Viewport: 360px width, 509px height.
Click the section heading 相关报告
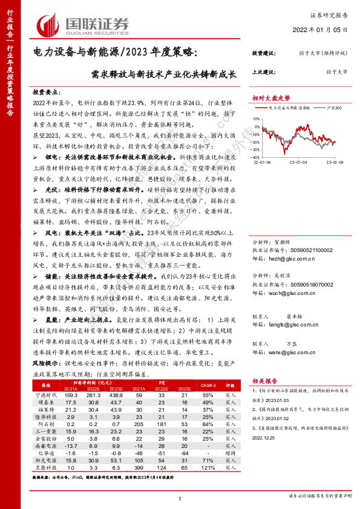pos(265,381)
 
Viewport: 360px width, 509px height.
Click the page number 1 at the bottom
pos(180,498)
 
